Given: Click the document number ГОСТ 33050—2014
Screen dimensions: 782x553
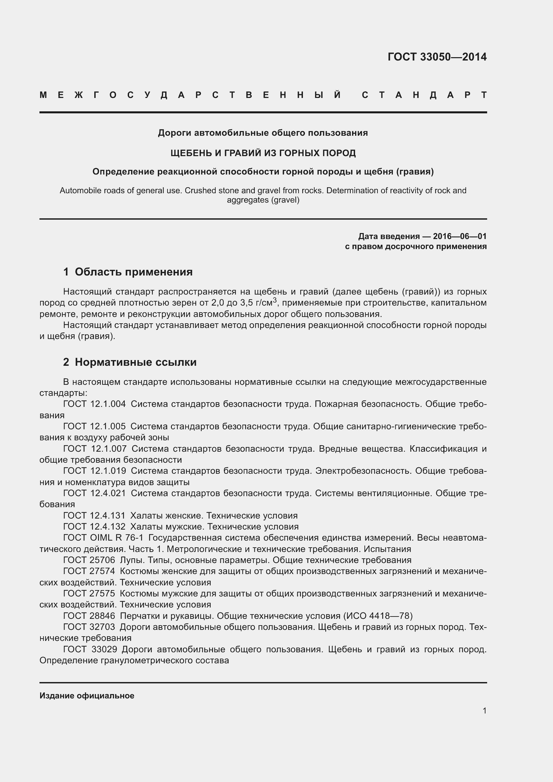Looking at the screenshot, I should (437, 57).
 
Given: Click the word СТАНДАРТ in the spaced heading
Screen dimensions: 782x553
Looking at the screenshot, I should (424, 95).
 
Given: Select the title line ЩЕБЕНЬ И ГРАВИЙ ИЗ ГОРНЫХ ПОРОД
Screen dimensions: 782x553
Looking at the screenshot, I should (263, 153).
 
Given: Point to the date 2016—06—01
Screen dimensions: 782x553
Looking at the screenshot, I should (459, 236).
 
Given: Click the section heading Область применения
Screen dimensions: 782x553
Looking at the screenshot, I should (133, 272).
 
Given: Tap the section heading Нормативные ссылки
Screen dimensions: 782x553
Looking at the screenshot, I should (135, 362).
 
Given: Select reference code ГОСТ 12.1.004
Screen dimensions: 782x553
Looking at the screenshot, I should (94, 404).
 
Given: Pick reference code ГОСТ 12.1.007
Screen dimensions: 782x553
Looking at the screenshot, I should (95, 449).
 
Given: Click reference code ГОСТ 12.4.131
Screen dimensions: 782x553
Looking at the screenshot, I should (94, 516).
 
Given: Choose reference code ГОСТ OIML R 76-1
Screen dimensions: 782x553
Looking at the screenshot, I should (103, 538).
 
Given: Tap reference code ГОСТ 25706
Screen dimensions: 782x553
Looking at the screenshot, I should (89, 560).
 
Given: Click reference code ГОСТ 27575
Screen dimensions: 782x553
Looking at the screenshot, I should (89, 594).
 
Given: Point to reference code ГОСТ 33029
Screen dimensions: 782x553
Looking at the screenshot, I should (90, 649).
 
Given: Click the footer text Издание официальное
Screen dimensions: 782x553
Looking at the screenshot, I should (87, 696).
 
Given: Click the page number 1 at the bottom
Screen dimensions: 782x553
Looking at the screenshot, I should (484, 711).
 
